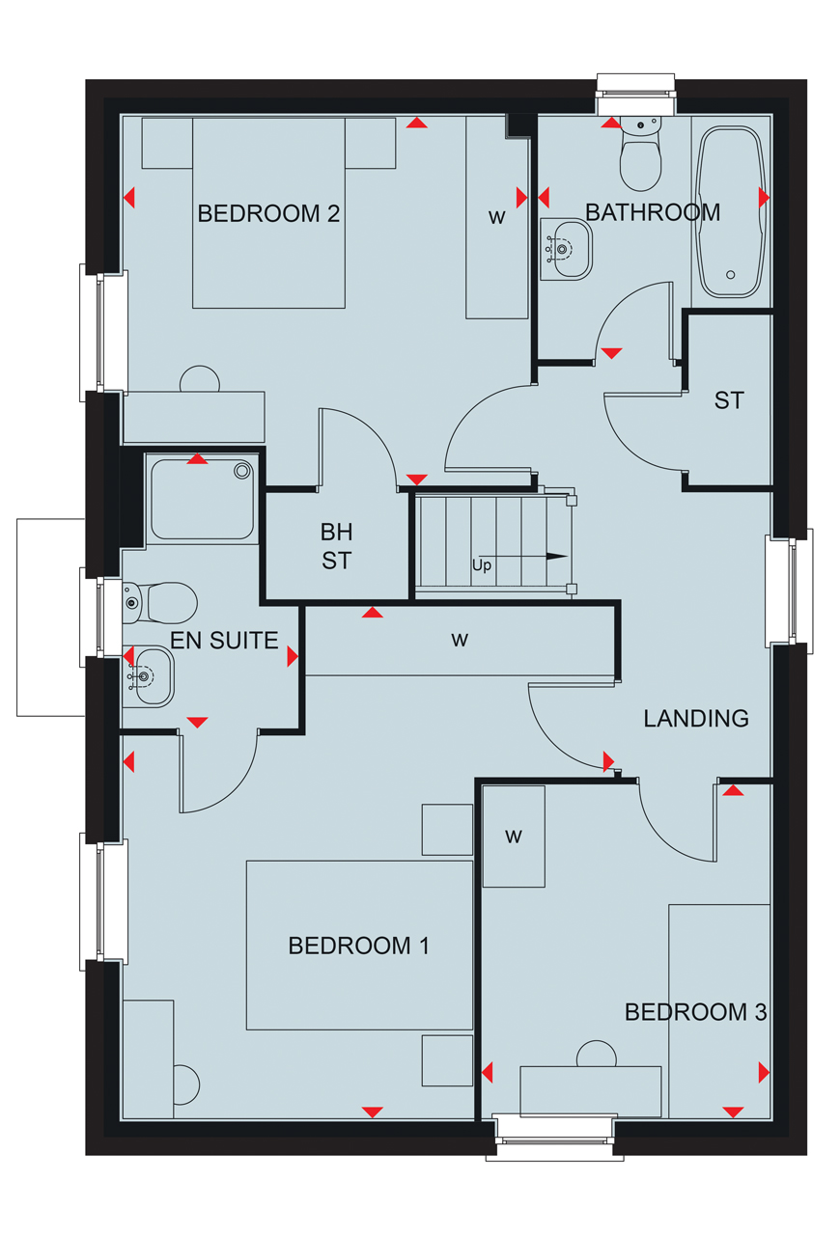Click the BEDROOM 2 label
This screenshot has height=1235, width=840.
268,213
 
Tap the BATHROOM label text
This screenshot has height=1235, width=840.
653,212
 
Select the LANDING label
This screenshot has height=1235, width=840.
696,719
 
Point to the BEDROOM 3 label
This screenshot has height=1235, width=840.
695,1012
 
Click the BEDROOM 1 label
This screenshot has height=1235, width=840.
359,946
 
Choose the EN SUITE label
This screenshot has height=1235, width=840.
224,640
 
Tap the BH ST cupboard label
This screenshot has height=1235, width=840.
337,546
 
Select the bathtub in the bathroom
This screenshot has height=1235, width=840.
731,212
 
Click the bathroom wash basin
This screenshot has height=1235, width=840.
566,249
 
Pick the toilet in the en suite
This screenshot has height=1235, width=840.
159,603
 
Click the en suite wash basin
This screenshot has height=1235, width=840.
148,677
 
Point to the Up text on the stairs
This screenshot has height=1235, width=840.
481,565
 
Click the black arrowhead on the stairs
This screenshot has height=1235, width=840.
557,557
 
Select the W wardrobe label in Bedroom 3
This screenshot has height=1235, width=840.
514,837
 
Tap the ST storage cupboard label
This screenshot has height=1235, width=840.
729,400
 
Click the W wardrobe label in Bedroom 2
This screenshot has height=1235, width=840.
496,217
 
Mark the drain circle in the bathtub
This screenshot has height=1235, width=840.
731,275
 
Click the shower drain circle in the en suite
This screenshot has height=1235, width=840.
242,471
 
